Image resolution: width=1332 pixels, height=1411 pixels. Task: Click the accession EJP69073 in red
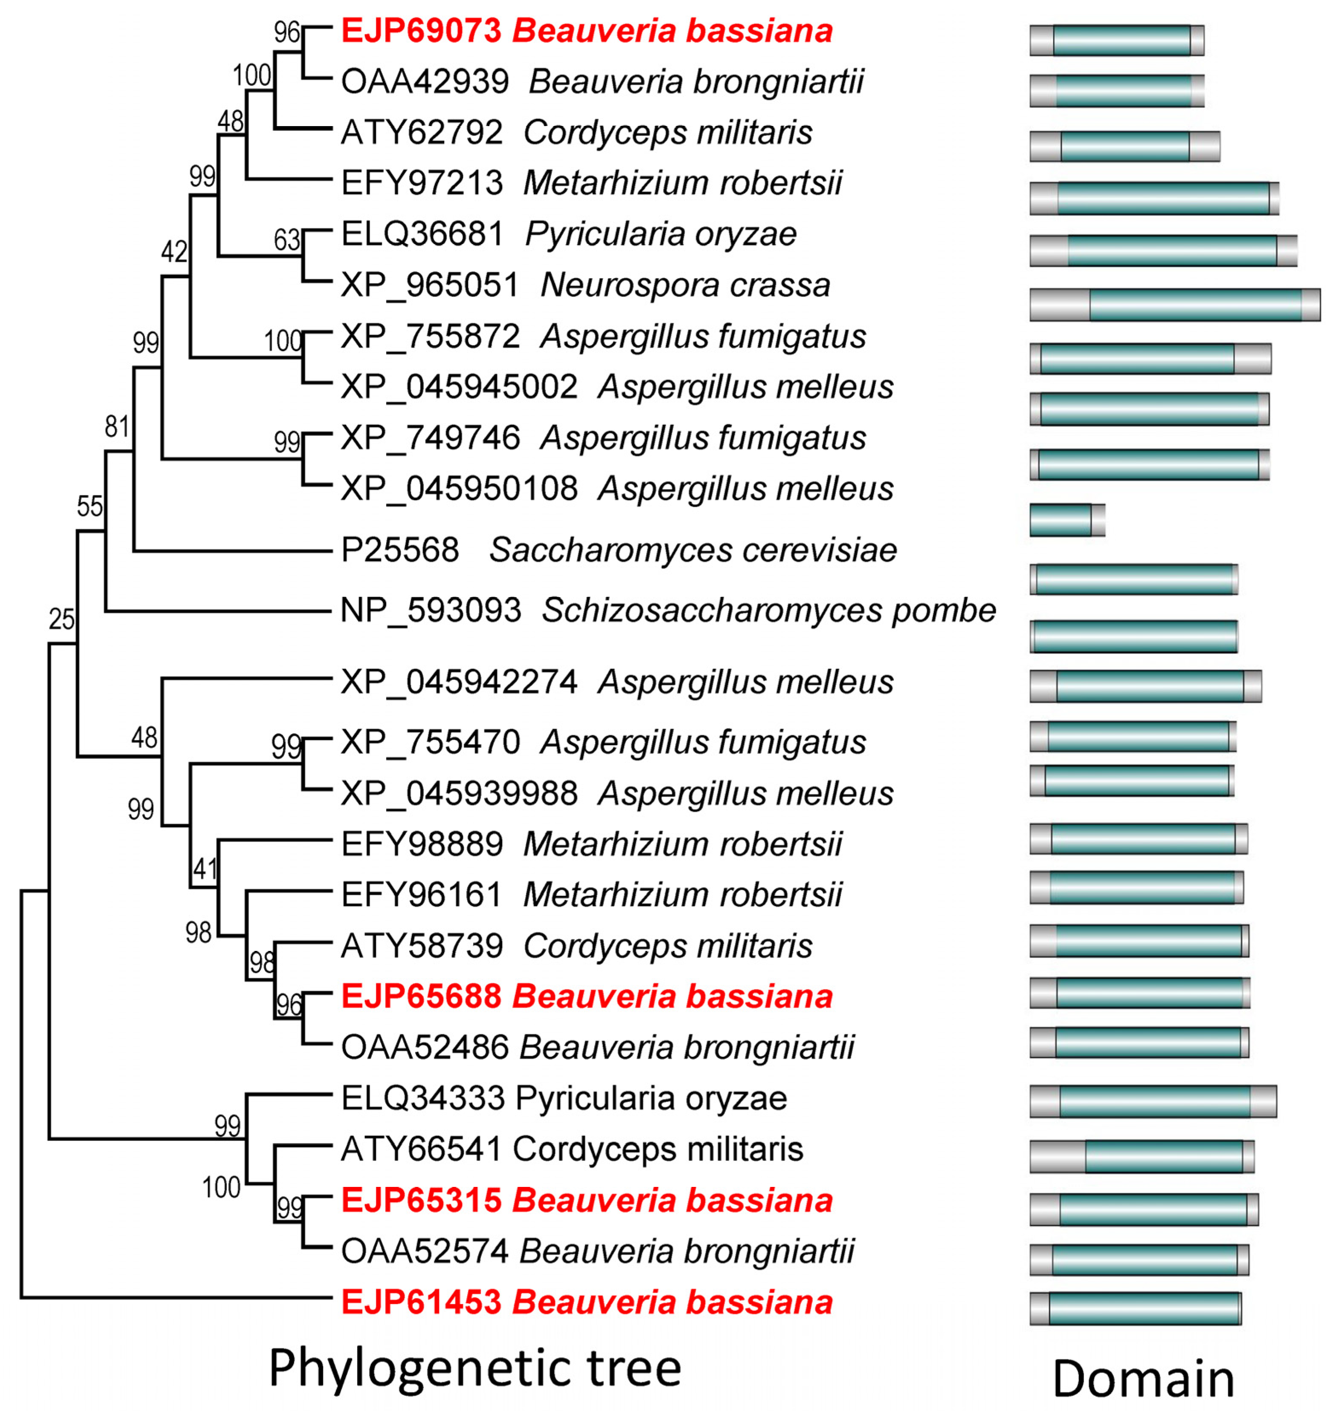(421, 31)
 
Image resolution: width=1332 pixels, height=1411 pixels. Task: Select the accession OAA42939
(425, 82)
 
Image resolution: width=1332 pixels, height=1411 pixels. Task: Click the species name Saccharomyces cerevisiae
(693, 550)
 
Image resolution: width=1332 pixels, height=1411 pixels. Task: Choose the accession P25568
(400, 550)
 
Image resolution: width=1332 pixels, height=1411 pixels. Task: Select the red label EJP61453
(421, 1302)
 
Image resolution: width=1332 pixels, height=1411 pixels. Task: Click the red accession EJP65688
(421, 996)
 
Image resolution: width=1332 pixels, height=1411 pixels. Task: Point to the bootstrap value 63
(287, 241)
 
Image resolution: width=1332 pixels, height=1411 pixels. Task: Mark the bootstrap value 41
(205, 869)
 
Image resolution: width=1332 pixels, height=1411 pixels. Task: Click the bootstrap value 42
(174, 252)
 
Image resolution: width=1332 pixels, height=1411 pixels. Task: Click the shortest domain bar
(1066, 520)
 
